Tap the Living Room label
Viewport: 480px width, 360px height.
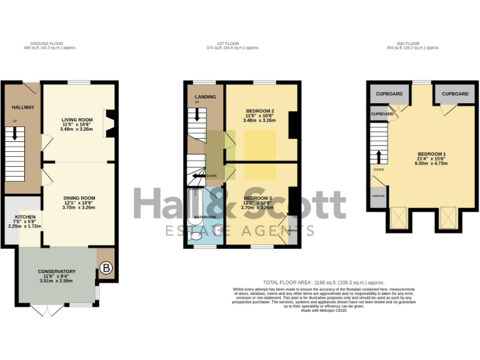pyautogui.click(x=77, y=120)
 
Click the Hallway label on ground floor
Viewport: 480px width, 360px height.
pyautogui.click(x=23, y=107)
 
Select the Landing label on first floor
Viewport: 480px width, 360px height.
pyautogui.click(x=205, y=97)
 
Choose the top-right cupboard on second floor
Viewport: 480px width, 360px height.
pyautogui.click(x=454, y=94)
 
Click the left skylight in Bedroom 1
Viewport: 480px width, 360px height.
pyautogui.click(x=397, y=218)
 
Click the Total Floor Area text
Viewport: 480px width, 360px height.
pyautogui.click(x=324, y=282)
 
